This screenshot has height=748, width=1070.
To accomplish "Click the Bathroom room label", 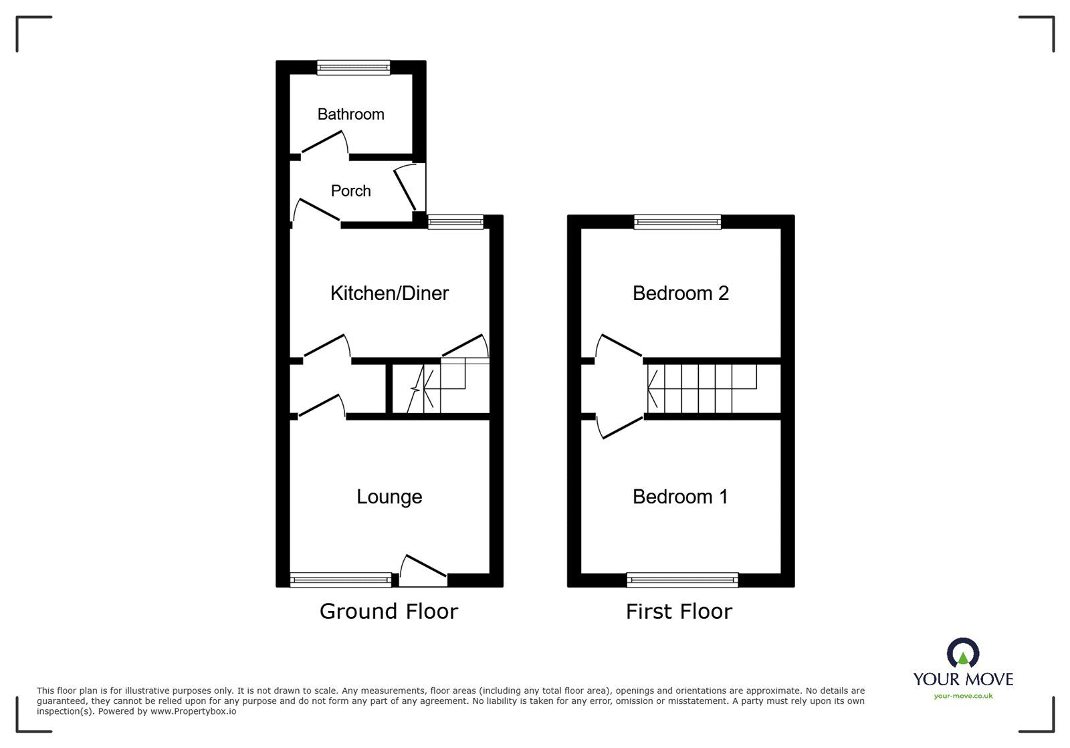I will (350, 114).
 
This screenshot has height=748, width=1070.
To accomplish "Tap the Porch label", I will (350, 191).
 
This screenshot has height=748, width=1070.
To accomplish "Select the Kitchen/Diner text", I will (389, 293).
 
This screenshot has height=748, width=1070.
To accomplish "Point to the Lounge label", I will (389, 497).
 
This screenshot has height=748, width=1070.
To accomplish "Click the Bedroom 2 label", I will (680, 293).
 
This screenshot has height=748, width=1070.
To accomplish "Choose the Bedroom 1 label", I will (680, 497).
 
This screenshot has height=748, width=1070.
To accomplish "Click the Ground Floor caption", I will (389, 611).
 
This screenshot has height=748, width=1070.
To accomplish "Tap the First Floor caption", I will (679, 611).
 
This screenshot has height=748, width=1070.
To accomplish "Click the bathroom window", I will (353, 67).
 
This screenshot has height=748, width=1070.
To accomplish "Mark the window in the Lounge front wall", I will (340, 580).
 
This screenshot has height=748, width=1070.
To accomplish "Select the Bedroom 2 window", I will (677, 222).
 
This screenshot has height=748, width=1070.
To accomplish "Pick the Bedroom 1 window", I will (682, 580).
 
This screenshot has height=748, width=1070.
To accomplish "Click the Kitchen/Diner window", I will (455, 222).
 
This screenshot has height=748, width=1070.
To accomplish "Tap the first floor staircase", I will (702, 388).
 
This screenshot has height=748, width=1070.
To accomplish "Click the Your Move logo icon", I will (963, 652).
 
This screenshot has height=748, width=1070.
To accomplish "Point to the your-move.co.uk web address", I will (963, 696).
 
